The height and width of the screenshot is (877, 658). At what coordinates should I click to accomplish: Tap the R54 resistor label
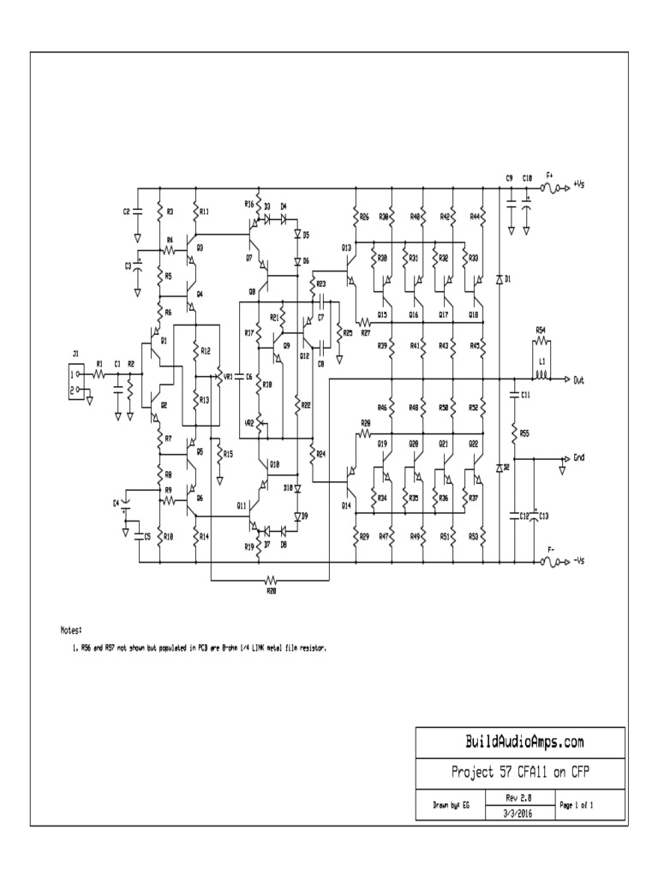[x=541, y=330]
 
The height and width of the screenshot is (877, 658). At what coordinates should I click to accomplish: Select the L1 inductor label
[x=541, y=361]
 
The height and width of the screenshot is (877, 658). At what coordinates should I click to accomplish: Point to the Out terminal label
[x=579, y=379]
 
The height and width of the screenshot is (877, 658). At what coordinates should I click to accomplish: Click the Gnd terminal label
[x=579, y=458]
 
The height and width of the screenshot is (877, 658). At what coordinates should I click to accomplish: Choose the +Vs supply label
[x=579, y=184]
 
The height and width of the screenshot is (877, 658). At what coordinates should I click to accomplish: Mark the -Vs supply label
[x=579, y=562]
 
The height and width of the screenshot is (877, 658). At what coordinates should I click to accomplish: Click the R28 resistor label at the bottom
[x=271, y=591]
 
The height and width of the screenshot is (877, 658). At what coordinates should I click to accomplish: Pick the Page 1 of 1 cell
[x=577, y=805]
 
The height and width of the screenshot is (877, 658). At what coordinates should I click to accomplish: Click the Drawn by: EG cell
[x=449, y=806]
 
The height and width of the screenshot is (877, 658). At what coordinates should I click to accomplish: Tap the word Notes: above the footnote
[x=70, y=629]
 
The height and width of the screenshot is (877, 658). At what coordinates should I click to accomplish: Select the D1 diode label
[x=508, y=279]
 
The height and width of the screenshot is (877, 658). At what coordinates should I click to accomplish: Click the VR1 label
[x=227, y=376]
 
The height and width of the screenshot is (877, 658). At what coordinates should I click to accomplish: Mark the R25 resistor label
[x=347, y=333]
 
